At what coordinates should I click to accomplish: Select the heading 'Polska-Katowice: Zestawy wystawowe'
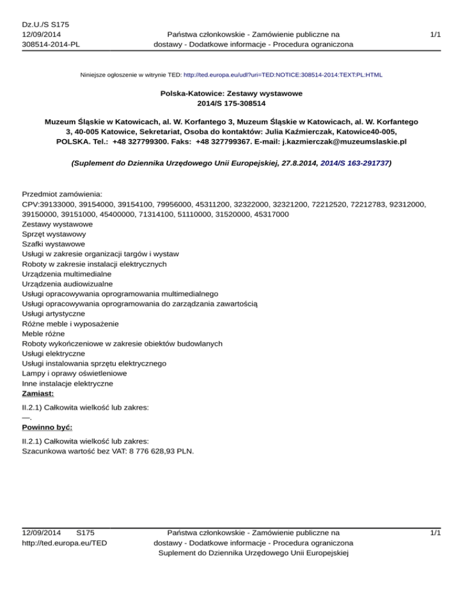tap(231, 94)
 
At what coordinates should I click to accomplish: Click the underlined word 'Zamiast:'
tap(37, 393)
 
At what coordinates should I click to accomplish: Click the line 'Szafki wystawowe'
tap(53, 244)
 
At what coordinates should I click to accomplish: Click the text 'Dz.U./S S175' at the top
tap(45, 25)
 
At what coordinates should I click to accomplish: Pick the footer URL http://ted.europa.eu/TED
tap(65, 543)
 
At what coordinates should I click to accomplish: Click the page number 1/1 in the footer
tap(435, 533)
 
